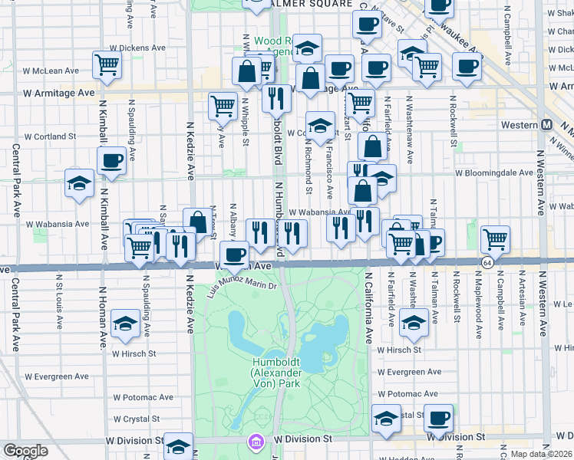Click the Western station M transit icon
(x=547, y=124)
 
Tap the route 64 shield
(x=488, y=263)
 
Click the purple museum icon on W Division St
(x=255, y=442)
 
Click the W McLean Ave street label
(x=51, y=71)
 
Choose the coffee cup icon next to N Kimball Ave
(x=112, y=162)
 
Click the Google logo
(x=25, y=450)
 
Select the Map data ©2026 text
(x=542, y=454)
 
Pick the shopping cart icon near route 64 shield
(x=496, y=239)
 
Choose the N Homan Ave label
(x=102, y=322)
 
